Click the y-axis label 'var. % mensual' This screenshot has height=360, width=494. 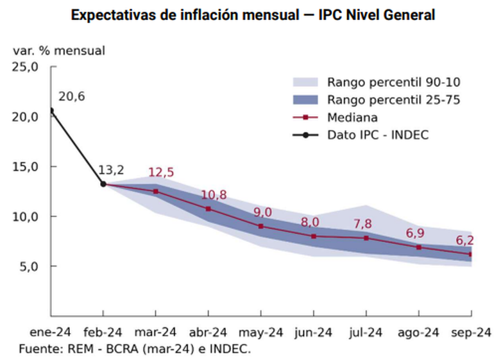coord(58,50)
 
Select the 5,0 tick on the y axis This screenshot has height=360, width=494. coord(30,266)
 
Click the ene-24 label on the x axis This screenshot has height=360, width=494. coord(50,332)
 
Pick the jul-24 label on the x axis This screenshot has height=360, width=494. coord(366,332)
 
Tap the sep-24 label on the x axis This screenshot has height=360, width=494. coord(472,332)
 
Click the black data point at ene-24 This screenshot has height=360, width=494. coord(51,110)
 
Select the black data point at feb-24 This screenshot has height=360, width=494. coord(103,184)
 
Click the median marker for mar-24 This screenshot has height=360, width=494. coord(155,191)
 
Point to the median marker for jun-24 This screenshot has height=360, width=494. coord(314,236)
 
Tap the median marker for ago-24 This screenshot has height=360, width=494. coord(419,247)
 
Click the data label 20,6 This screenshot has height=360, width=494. coord(71,97)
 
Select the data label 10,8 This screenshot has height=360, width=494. coord(214,195)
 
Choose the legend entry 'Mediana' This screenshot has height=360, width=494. coord(352,117)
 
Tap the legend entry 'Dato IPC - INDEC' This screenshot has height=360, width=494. coord(377,135)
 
